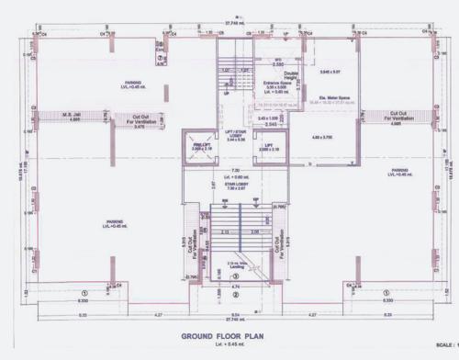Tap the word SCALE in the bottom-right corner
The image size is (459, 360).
[446, 345]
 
